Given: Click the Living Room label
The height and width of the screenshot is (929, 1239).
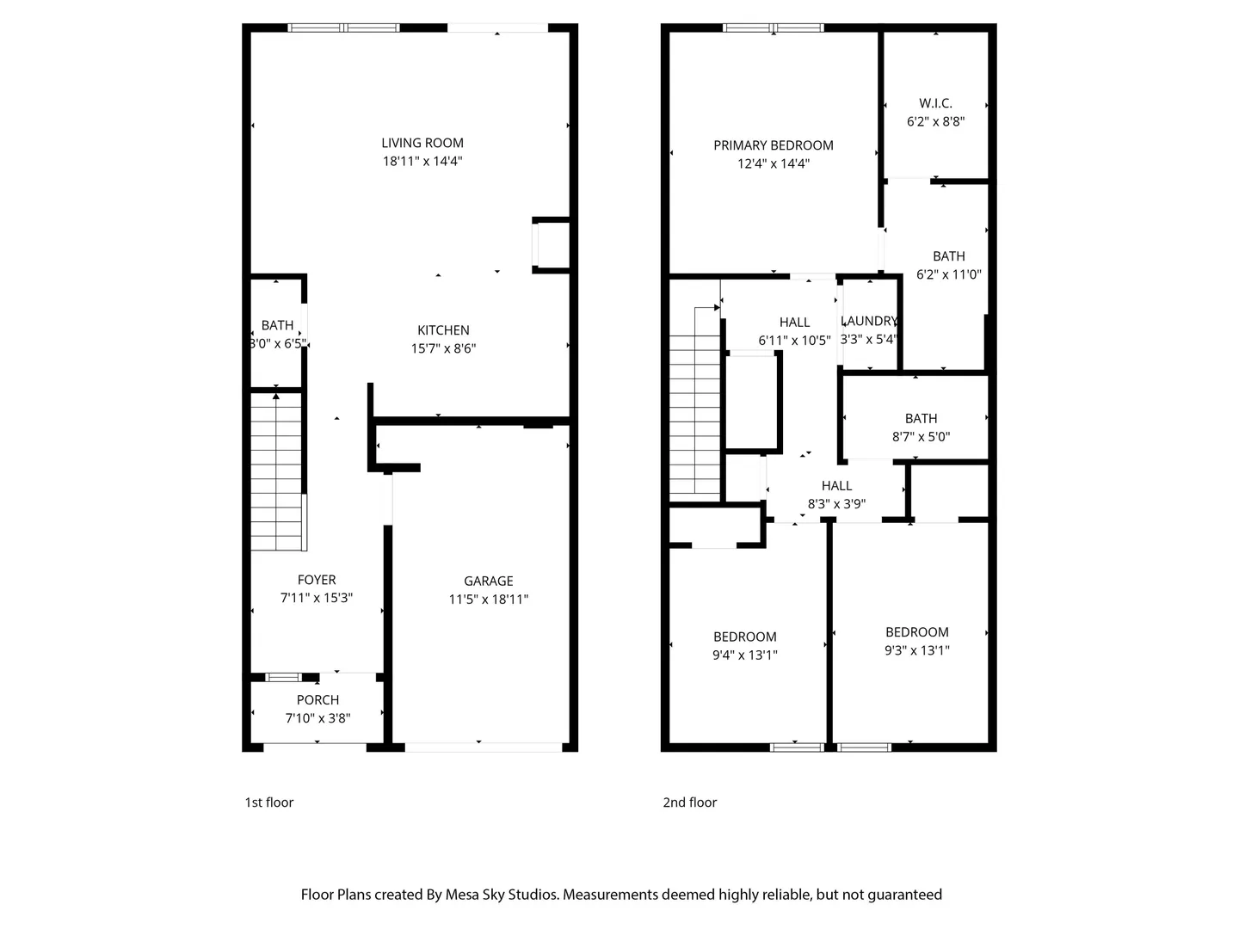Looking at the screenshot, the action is (422, 144).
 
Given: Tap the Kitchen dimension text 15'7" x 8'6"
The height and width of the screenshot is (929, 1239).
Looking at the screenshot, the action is (443, 348).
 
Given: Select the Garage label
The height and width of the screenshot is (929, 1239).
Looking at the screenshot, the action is (488, 581).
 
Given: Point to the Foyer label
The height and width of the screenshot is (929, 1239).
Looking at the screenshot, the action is (317, 580).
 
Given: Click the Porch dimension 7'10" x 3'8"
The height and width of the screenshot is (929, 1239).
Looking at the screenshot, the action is (317, 718).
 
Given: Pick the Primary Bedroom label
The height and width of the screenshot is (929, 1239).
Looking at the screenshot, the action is (774, 145).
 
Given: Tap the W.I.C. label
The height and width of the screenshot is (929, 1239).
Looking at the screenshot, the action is (935, 103).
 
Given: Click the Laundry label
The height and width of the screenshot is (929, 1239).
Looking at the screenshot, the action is (869, 321).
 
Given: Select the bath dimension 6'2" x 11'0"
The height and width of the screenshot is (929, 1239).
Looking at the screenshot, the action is (948, 274).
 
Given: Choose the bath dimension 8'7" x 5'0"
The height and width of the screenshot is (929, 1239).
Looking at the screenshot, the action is (921, 437).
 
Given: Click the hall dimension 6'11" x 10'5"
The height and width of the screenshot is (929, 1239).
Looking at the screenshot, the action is (794, 341).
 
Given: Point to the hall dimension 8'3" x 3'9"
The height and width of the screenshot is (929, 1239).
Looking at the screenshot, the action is (836, 504).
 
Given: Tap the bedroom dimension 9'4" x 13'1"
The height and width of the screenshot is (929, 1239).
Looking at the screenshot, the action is (744, 655).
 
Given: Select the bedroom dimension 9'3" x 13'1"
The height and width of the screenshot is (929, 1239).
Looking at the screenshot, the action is (916, 650).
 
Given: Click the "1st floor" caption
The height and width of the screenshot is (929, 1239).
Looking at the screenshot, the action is (268, 802).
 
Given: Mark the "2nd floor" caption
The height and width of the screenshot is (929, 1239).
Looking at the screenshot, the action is (689, 802).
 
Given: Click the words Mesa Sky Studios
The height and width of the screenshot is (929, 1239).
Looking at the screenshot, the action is (502, 895).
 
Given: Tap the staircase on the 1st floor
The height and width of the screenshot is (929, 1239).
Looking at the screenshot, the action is (276, 471).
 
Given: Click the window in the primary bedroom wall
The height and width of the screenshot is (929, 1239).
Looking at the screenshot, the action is (774, 28).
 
